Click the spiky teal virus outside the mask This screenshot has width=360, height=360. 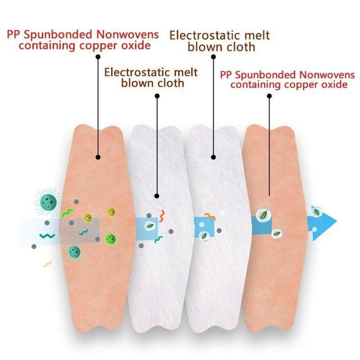point(48,202)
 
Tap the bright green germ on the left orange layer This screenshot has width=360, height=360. point(111,239)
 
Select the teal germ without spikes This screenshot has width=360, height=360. point(74,252)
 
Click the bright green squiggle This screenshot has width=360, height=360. point(67,212)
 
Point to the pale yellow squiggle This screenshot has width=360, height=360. point(47,264)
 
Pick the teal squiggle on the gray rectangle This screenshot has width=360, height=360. point(84,232)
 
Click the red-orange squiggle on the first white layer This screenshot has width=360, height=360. point(162,216)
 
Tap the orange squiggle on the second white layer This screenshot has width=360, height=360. point(210,216)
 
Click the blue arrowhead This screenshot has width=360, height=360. point(323,223)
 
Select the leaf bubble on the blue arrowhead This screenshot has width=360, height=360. point(317,211)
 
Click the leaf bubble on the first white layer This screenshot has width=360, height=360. point(150,226)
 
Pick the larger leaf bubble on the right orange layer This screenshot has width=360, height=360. point(264,215)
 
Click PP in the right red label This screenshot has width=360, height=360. point(226,75)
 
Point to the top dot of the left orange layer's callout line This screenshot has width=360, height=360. point(98,57)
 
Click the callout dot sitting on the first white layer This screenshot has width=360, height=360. point(157,196)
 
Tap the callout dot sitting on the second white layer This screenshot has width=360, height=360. point(213,157)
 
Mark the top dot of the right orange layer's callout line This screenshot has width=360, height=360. point(269,96)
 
